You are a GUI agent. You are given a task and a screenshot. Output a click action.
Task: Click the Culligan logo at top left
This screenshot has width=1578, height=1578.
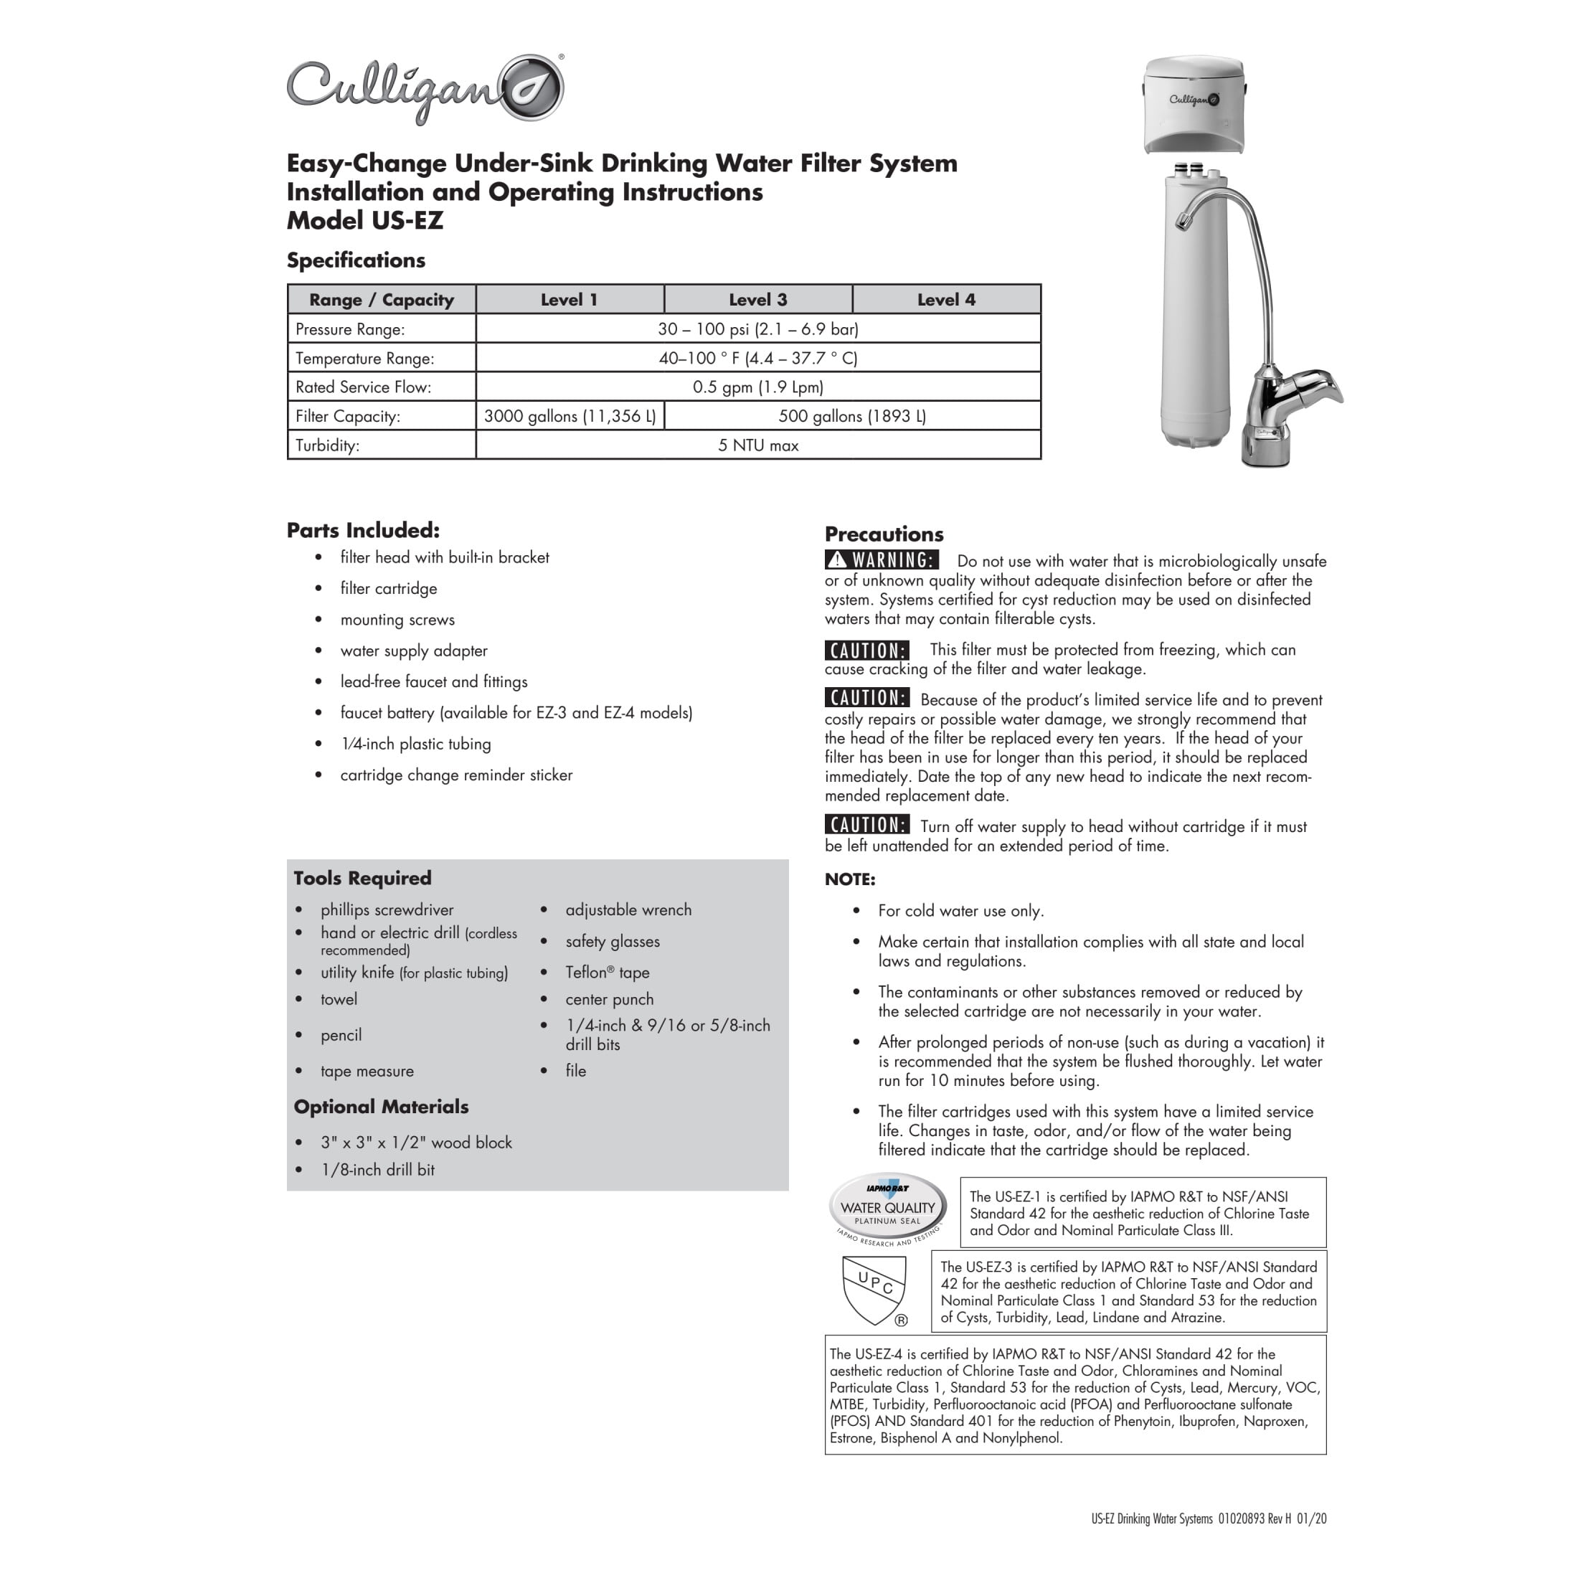click(x=425, y=90)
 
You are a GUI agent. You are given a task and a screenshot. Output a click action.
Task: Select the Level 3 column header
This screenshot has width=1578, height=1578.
click(x=758, y=300)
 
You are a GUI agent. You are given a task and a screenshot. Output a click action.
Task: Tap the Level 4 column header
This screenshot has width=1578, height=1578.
click(x=946, y=300)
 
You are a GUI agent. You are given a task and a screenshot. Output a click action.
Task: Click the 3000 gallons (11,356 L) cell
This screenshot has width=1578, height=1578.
click(x=570, y=416)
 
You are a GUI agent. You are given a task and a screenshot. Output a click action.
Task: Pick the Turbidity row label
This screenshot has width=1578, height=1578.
click(x=328, y=445)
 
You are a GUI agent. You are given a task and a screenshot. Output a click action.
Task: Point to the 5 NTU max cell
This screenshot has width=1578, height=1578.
click(x=758, y=445)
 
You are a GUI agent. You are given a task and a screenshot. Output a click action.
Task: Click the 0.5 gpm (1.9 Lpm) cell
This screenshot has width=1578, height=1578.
click(x=758, y=387)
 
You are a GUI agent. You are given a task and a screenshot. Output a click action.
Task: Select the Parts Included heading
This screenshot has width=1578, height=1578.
click(x=363, y=530)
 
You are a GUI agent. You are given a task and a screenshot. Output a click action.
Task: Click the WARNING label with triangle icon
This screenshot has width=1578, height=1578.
click(x=882, y=560)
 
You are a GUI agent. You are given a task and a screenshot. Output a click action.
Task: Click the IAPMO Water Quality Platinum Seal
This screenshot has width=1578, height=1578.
click(x=887, y=1209)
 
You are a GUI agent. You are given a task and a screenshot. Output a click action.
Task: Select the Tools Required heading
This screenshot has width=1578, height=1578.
click(x=363, y=878)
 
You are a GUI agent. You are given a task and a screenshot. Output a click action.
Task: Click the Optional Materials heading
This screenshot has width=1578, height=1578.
click(x=382, y=1107)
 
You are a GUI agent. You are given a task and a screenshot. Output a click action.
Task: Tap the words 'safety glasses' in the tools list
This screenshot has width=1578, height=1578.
click(x=613, y=941)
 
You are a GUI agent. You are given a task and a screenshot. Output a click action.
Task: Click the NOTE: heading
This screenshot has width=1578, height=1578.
click(x=849, y=879)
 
